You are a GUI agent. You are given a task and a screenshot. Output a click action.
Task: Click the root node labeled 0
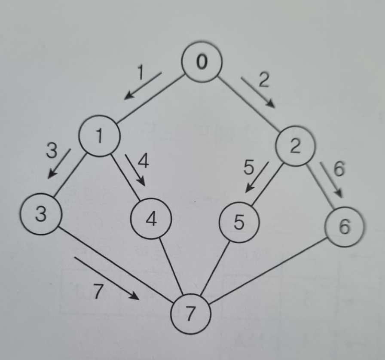point(202,63)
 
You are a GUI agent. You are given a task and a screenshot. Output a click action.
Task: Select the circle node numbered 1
point(100,136)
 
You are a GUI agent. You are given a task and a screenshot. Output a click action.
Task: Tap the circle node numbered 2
point(295,146)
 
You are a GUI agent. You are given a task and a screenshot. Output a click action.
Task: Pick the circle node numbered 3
point(40,214)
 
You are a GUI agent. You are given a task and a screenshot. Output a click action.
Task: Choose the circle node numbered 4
point(151,220)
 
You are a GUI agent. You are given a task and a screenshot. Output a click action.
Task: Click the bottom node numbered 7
point(191,314)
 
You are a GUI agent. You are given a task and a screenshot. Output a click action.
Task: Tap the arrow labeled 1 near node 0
point(142,86)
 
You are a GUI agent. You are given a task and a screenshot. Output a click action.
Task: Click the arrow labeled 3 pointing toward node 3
point(59,163)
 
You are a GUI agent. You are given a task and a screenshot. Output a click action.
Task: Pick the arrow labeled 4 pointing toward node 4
point(134,170)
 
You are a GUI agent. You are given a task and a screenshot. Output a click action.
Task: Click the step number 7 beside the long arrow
point(98,293)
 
